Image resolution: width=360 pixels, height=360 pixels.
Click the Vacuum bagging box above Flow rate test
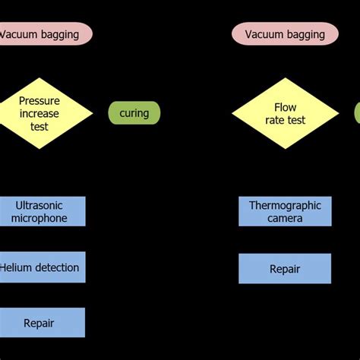point(285,34)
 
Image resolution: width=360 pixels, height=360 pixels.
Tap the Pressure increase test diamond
point(39,113)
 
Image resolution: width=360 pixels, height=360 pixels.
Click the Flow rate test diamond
point(280,113)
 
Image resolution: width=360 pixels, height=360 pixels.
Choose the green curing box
point(134,113)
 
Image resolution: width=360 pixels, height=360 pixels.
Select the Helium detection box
point(39,267)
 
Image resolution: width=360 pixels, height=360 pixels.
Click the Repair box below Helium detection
point(39,323)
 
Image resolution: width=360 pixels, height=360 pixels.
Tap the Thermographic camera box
point(285,211)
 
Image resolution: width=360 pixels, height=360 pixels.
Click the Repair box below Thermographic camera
point(285,269)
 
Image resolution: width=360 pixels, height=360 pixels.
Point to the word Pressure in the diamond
point(39,100)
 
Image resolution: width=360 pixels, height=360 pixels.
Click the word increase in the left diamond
point(39,113)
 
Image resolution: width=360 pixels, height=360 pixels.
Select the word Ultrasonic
point(39,205)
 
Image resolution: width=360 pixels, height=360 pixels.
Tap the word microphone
point(39,218)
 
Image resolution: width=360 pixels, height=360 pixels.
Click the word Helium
point(17,267)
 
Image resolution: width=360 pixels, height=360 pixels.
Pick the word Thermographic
point(285,205)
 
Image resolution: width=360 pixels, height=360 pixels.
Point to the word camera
point(285,218)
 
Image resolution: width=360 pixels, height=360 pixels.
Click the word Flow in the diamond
point(280,107)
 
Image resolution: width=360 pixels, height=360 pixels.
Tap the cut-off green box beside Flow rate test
point(357,113)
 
